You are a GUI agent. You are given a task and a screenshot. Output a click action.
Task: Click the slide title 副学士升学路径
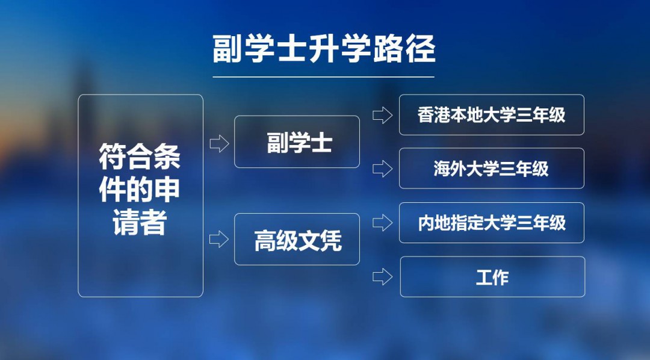pyautogui.click(x=324, y=49)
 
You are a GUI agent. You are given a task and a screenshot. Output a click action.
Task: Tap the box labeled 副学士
pyautogui.click(x=297, y=142)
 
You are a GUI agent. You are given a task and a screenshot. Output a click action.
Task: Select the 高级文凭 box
pyautogui.click(x=297, y=240)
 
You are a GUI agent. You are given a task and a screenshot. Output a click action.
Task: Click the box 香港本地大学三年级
pyautogui.click(x=492, y=115)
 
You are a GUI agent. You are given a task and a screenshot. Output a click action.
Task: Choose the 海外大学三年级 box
pyautogui.click(x=492, y=169)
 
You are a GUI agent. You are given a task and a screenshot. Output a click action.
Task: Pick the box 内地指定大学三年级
pyautogui.click(x=492, y=223)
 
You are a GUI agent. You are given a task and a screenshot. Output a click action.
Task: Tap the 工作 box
pyautogui.click(x=492, y=277)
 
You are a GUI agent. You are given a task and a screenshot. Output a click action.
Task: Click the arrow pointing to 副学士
pyautogui.click(x=219, y=143)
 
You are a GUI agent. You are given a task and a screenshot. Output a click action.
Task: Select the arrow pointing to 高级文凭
pyautogui.click(x=219, y=240)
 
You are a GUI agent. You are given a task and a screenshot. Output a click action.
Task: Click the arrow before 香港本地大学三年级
pyautogui.click(x=382, y=115)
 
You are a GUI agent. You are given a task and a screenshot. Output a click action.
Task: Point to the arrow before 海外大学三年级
pyautogui.click(x=382, y=169)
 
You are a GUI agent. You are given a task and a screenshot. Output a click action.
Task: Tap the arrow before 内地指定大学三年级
pyautogui.click(x=382, y=223)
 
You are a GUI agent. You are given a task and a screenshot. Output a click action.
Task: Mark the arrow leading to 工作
pyautogui.click(x=382, y=277)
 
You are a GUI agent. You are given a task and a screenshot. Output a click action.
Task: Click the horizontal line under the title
pyautogui.click(x=323, y=77)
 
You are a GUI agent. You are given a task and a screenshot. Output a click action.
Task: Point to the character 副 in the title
pyautogui.click(x=227, y=49)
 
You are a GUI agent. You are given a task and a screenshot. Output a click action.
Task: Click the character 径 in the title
pyautogui.click(x=420, y=49)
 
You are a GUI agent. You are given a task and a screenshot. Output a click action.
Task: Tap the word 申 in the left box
pyautogui.click(x=167, y=190)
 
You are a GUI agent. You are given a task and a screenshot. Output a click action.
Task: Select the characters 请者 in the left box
pyautogui.click(x=140, y=222)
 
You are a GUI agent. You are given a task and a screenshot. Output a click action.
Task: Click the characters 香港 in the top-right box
pyautogui.click(x=433, y=115)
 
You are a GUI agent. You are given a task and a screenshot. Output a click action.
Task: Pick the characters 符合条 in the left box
pyautogui.click(x=140, y=157)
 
